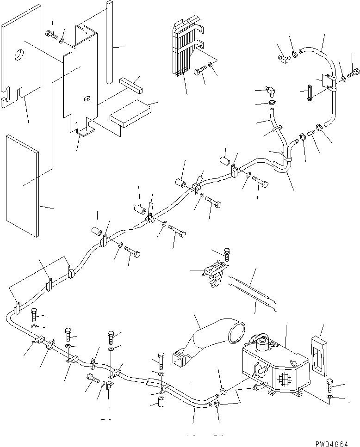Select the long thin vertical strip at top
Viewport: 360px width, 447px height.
[109, 42]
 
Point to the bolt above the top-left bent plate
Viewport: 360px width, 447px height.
[50, 33]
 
